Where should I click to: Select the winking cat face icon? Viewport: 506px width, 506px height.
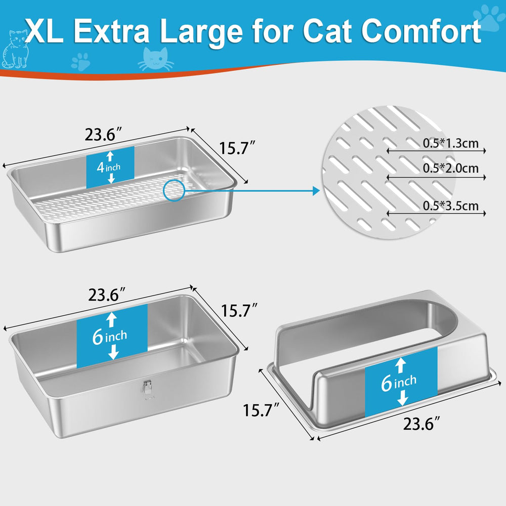point(155,60)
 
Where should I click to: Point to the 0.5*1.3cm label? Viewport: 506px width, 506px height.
point(450,143)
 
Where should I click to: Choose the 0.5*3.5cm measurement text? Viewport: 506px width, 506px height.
point(450,205)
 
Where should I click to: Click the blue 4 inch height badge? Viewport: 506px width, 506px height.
point(110,166)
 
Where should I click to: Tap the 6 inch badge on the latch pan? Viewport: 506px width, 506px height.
point(112,336)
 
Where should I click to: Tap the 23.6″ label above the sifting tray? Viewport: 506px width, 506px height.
point(103,136)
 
